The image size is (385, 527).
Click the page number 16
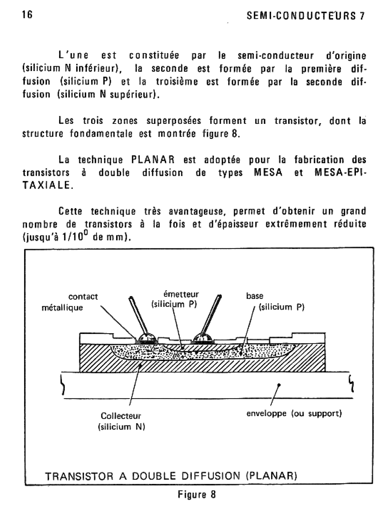tap(28, 15)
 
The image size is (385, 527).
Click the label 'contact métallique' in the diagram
tap(70, 302)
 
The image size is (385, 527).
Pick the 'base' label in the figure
tap(255, 296)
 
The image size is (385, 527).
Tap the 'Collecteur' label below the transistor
tap(121, 416)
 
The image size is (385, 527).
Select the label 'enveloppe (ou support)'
tap(294, 413)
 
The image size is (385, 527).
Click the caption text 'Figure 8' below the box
tap(197, 494)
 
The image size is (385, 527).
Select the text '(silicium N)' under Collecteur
tap(121, 427)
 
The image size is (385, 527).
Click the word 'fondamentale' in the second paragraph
tap(101, 133)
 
